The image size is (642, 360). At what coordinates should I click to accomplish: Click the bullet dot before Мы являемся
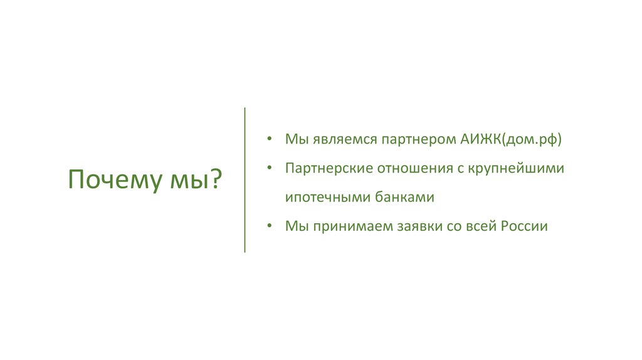pyautogui.click(x=269, y=139)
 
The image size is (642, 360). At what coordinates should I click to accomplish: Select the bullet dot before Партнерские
pyautogui.click(x=269, y=168)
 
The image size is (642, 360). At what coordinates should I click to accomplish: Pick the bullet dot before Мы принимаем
pyautogui.click(x=269, y=226)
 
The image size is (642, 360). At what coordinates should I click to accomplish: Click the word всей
pyautogui.click(x=474, y=226)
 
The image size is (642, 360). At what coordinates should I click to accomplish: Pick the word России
pyautogui.click(x=524, y=226)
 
